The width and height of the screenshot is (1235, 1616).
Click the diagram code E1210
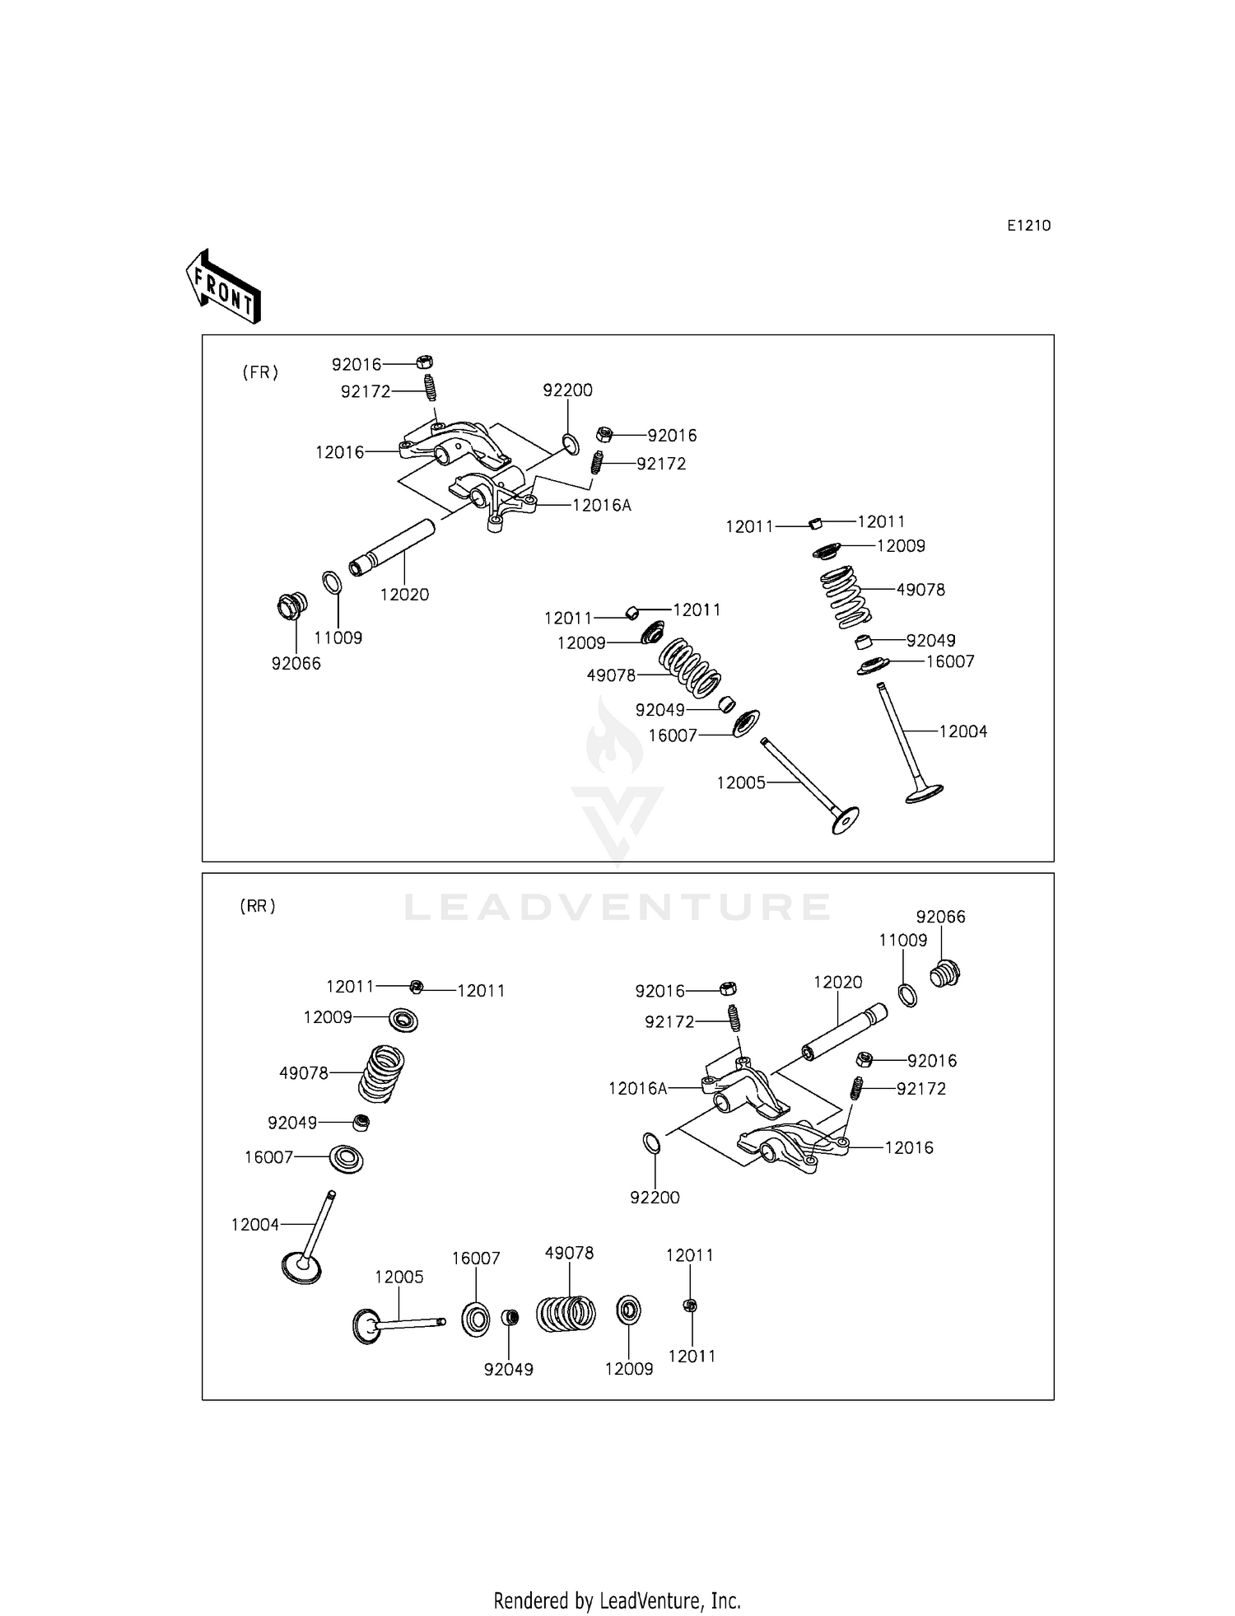[x=1028, y=226]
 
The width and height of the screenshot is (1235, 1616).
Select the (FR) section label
[x=260, y=372]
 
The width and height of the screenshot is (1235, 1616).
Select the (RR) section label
[x=258, y=906]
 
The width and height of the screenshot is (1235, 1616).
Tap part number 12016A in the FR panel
[x=602, y=505]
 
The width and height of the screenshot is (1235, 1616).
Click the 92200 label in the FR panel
[x=567, y=390]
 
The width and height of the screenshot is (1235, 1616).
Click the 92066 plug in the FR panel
[x=291, y=605]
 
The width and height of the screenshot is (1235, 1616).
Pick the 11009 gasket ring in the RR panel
[x=906, y=994]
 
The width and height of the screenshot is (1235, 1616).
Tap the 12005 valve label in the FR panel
[x=741, y=782]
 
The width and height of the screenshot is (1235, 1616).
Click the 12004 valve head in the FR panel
[x=924, y=792]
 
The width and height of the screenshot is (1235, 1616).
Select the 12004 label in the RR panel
[x=255, y=1225]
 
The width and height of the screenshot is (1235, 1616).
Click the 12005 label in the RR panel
[x=399, y=1277]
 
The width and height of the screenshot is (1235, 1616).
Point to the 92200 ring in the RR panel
[x=650, y=1144]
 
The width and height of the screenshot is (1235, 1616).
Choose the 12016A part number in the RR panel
[x=637, y=1088]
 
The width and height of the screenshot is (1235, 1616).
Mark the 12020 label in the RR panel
[x=838, y=982]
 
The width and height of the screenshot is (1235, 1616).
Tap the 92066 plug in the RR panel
[x=945, y=974]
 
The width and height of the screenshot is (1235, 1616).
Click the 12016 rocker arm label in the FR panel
[x=339, y=451]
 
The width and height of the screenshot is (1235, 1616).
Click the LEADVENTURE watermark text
[x=617, y=907]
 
